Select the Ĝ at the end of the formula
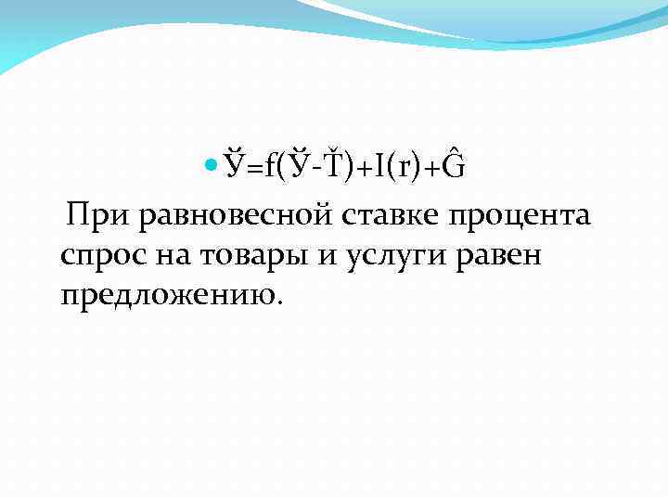coord(454,165)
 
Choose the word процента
coord(520,217)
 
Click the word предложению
coord(166,296)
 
